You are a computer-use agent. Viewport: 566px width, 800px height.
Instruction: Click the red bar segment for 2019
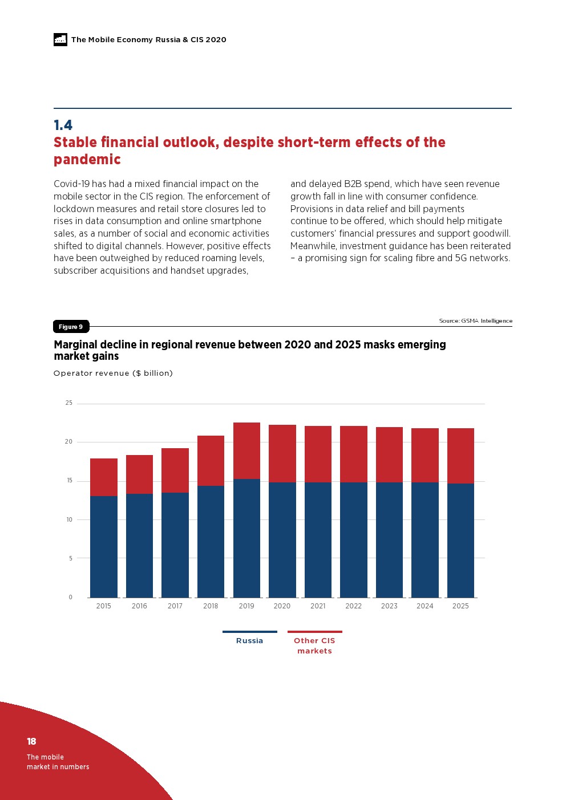pos(246,450)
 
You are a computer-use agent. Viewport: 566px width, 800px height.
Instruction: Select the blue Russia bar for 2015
pos(104,546)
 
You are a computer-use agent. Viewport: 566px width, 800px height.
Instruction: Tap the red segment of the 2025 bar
pos(460,456)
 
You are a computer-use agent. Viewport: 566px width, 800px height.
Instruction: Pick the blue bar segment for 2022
pos(354,539)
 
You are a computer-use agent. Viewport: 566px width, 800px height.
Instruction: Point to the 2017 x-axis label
pos(175,606)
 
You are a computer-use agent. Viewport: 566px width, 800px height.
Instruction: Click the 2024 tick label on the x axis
pos(425,606)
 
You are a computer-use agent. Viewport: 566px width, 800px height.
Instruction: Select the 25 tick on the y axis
pos(69,403)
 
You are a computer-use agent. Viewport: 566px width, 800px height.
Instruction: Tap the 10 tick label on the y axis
pos(69,519)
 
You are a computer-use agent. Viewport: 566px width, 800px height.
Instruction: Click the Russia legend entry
pos(249,640)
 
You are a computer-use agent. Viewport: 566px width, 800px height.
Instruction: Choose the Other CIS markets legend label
pos(314,645)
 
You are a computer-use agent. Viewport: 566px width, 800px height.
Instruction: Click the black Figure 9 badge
pos(71,327)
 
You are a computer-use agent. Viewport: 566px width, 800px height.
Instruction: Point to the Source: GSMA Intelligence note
pos(475,321)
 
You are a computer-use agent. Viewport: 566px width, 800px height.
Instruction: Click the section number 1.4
pos(63,125)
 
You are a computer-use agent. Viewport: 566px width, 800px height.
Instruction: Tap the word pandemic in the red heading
pos(87,160)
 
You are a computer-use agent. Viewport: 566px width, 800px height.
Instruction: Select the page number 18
pos(31,741)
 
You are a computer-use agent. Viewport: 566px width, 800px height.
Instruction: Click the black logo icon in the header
pos(60,39)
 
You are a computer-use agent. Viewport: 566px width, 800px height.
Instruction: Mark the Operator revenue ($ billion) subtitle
pos(113,373)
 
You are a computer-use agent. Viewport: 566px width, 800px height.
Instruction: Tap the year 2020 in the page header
pos(216,39)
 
